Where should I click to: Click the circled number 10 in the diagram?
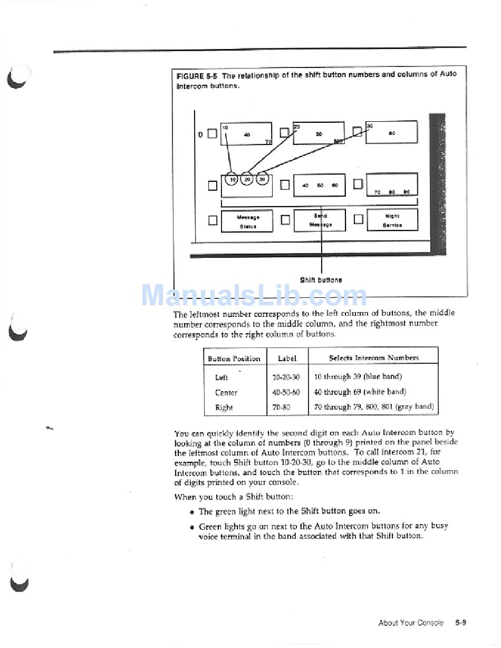(x=232, y=179)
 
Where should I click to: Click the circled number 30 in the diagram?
(x=262, y=179)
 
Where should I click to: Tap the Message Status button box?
(x=247, y=221)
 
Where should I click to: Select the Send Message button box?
(x=320, y=220)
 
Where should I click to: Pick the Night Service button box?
(x=392, y=220)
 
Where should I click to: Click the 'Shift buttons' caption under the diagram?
(x=321, y=280)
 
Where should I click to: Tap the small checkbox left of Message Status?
(x=213, y=220)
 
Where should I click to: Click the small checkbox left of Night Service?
(x=358, y=219)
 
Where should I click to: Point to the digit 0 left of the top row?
(x=200, y=134)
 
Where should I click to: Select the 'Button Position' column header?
(x=234, y=359)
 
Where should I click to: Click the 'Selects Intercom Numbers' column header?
(x=374, y=357)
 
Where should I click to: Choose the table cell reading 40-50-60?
(x=286, y=392)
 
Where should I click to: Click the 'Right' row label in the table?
(x=224, y=408)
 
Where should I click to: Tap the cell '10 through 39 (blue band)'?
(x=358, y=376)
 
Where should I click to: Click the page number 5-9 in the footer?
(x=460, y=623)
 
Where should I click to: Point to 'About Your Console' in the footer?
(x=411, y=623)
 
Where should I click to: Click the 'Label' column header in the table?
(x=287, y=359)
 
